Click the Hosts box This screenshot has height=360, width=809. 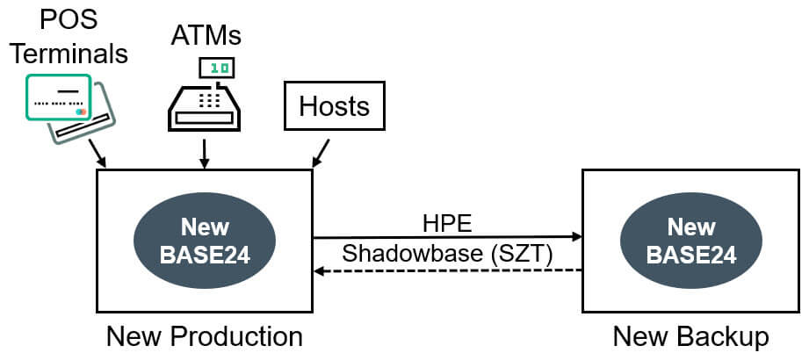[x=335, y=105]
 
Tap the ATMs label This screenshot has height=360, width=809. [x=206, y=36]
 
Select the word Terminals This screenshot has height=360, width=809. [x=69, y=54]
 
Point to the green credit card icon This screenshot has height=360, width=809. [x=58, y=97]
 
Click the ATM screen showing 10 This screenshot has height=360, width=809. [x=217, y=68]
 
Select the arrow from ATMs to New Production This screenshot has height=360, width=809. [x=205, y=153]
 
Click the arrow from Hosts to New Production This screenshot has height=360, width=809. [x=321, y=153]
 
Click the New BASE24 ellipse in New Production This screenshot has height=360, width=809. [x=205, y=241]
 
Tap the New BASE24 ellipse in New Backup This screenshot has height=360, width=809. [x=690, y=241]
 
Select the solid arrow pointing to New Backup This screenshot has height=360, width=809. [x=447, y=237]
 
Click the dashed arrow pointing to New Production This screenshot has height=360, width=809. [x=447, y=270]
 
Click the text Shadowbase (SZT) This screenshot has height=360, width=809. [x=447, y=254]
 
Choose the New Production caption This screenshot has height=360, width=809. [x=205, y=337]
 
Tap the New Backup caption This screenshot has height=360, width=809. [x=690, y=337]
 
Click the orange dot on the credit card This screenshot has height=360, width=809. [x=83, y=112]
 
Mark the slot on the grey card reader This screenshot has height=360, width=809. [x=83, y=126]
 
